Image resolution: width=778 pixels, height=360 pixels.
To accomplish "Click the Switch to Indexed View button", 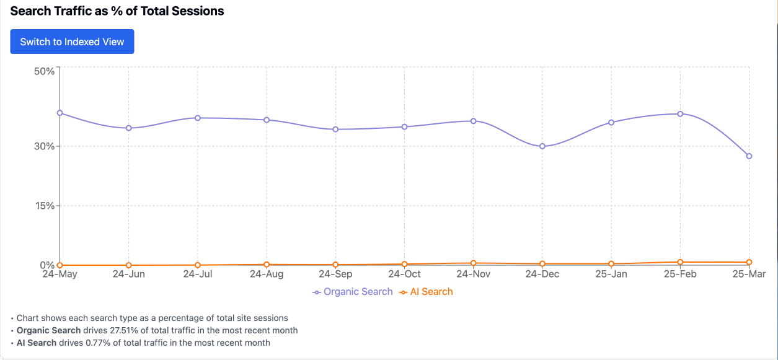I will click(x=72, y=42).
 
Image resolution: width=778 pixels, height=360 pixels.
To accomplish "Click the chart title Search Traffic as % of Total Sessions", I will click(x=117, y=11).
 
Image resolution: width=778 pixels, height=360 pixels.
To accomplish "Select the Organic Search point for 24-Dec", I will click(x=542, y=146).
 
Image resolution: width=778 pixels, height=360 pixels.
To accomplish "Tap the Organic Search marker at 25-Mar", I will click(x=749, y=156).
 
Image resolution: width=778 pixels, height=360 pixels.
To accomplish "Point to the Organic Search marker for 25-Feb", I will click(x=680, y=114).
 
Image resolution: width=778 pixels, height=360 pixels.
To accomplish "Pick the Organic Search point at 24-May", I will click(x=60, y=113).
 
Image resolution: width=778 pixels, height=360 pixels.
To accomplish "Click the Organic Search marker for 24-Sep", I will click(x=335, y=130).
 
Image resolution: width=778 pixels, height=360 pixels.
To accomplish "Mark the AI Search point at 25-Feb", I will click(x=680, y=263).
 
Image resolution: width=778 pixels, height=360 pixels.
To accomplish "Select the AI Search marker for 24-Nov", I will click(x=473, y=263).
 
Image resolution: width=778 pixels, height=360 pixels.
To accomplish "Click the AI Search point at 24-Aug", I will click(x=267, y=265).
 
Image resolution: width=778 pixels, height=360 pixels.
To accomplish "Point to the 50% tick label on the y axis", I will click(x=45, y=71).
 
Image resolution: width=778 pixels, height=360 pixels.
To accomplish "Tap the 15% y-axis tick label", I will click(x=45, y=206).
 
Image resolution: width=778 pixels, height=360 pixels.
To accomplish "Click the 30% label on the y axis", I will click(x=45, y=146).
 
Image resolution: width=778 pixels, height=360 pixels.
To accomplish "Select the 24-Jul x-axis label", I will click(x=197, y=274).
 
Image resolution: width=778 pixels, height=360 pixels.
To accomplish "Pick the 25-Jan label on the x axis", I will click(x=611, y=274).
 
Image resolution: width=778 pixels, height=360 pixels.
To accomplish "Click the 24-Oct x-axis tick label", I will click(x=404, y=274).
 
